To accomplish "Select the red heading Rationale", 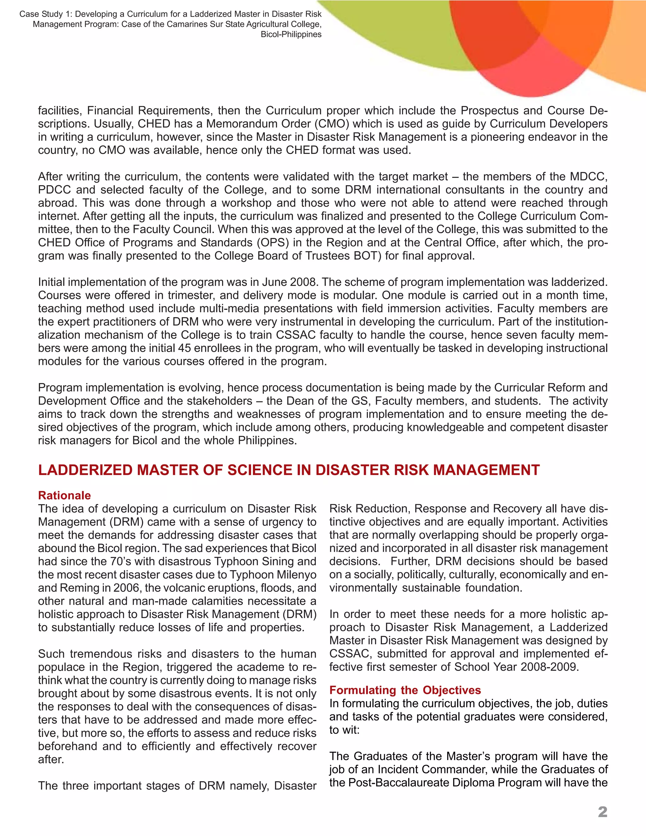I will [x=64, y=495].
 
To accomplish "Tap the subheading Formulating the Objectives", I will [x=405, y=690].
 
